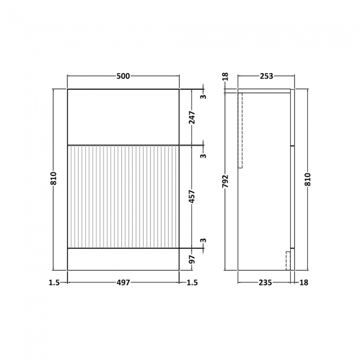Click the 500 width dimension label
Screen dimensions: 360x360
pyautogui.click(x=123, y=76)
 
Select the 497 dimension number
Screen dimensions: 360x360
pyautogui.click(x=123, y=282)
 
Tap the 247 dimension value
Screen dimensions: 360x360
pyautogui.click(x=192, y=117)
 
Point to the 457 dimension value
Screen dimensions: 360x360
pyautogui.click(x=192, y=197)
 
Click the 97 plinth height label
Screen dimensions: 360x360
pyautogui.click(x=192, y=259)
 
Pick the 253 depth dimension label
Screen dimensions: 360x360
pyautogui.click(x=266, y=76)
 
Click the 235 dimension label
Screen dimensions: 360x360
pyautogui.click(x=265, y=282)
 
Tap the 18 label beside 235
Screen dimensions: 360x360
pyautogui.click(x=304, y=282)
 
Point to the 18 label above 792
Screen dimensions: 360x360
pyautogui.click(x=225, y=76)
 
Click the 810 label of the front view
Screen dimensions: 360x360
pyautogui.click(x=54, y=178)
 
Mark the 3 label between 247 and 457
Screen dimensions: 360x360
pyautogui.click(x=203, y=156)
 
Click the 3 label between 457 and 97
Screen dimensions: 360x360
pyautogui.click(x=203, y=241)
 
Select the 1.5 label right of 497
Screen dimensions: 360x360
pyautogui.click(x=192, y=282)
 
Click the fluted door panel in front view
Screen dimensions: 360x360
pyautogui.click(x=123, y=197)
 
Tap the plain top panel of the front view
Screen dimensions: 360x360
pyautogui.click(x=123, y=117)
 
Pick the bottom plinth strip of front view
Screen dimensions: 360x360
pyautogui.click(x=123, y=259)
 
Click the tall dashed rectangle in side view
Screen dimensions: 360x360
pyautogui.click(x=240, y=130)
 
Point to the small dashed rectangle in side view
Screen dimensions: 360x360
pyautogui.click(x=288, y=260)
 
